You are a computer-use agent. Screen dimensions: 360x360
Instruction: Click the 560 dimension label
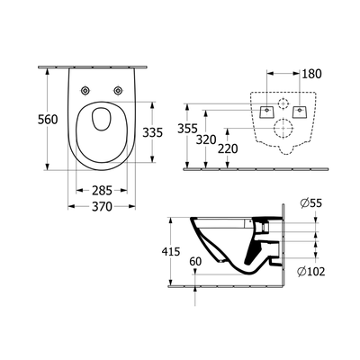click(48, 120)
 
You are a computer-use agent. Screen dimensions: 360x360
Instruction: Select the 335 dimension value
click(152, 132)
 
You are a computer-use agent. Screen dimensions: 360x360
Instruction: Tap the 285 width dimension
click(102, 190)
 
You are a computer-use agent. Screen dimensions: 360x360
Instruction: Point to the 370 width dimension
click(102, 206)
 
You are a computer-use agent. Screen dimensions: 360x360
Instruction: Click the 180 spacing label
click(311, 74)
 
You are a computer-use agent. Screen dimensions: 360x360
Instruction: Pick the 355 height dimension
click(187, 129)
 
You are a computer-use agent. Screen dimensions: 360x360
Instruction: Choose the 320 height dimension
click(206, 139)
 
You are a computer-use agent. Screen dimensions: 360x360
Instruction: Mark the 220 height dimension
click(228, 148)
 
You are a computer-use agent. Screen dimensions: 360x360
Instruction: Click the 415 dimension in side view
click(170, 251)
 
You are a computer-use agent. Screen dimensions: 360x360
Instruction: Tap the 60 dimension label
click(195, 262)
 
